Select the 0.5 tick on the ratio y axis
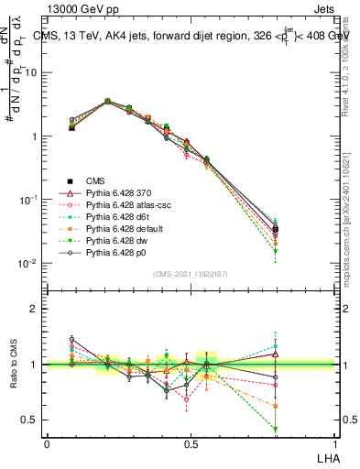pos(30,420)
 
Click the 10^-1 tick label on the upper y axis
pos(28,200)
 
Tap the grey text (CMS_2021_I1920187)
pos(190,274)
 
